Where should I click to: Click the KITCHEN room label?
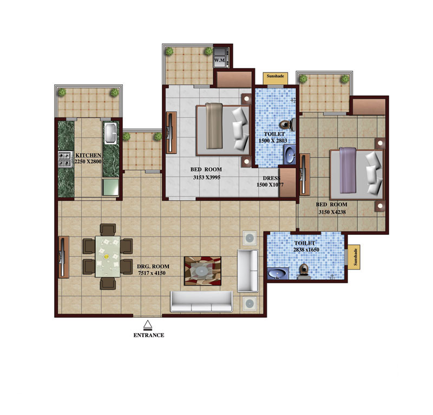pos(88,155)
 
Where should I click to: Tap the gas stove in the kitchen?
pos(64,159)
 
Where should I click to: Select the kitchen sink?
pos(111,133)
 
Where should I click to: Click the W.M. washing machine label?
pos(220,60)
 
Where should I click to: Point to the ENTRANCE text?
pos(149,335)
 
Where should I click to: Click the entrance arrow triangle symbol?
pos(148,324)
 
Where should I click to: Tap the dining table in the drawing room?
pos(108,256)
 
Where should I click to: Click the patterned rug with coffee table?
pos(202,271)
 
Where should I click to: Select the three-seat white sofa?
pos(201,301)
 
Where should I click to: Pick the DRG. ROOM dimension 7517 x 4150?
pos(152,273)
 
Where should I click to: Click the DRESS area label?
pos(271,179)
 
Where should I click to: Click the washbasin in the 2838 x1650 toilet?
pos(278,274)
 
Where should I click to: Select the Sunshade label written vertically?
pos(355,257)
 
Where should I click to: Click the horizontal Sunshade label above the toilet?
pos(275,76)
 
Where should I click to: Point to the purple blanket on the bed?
pos(347,170)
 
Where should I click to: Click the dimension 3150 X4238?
pos(332,212)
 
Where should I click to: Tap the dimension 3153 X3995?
pos(207,177)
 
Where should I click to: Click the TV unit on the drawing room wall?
pos(63,257)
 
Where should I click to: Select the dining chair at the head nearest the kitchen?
pos(108,230)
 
